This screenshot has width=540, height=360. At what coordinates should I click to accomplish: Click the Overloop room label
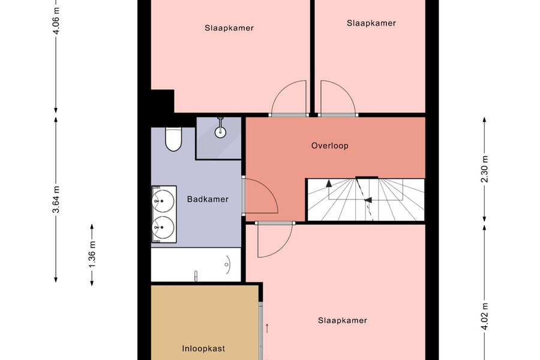click(x=329, y=146)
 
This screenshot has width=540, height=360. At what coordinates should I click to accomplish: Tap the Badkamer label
click(x=208, y=199)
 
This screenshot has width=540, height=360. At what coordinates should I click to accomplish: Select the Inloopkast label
click(x=203, y=349)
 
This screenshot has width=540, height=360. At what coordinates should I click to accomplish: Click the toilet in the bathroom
click(x=173, y=139)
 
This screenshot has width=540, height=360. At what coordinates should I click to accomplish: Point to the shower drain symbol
click(x=220, y=131)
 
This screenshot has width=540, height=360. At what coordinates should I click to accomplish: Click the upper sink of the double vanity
click(x=163, y=201)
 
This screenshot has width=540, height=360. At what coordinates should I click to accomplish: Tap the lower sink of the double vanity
click(x=163, y=227)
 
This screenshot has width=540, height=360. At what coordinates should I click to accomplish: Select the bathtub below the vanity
click(x=196, y=265)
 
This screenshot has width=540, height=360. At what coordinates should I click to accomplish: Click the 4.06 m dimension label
click(x=56, y=20)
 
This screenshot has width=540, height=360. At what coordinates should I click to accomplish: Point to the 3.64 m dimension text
click(x=56, y=199)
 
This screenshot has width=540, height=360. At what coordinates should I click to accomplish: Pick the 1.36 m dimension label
click(x=92, y=254)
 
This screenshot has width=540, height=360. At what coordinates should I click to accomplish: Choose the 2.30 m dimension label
click(x=485, y=169)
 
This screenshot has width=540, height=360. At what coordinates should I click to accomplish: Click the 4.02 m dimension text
click(x=485, y=316)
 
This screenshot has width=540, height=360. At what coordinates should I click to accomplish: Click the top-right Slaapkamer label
click(x=371, y=23)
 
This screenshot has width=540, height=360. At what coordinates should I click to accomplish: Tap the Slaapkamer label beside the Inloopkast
click(x=343, y=320)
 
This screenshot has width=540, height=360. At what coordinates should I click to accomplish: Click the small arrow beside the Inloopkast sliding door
click(x=267, y=328)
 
